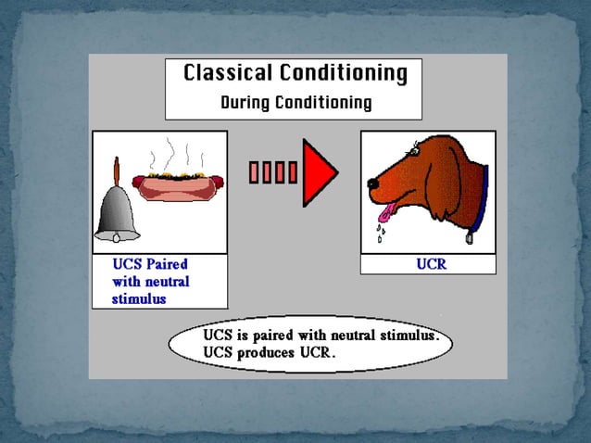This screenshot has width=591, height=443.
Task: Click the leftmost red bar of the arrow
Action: pos(254,172)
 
